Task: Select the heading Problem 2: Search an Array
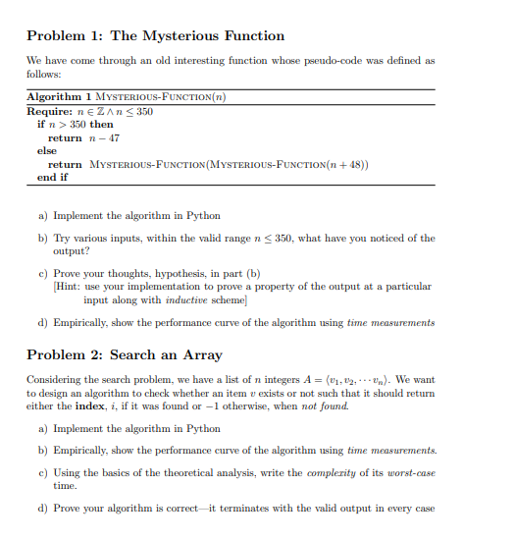click(125, 354)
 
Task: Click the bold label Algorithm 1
click(61, 97)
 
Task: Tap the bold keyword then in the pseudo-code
click(101, 125)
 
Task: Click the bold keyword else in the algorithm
click(46, 151)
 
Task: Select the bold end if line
click(52, 178)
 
